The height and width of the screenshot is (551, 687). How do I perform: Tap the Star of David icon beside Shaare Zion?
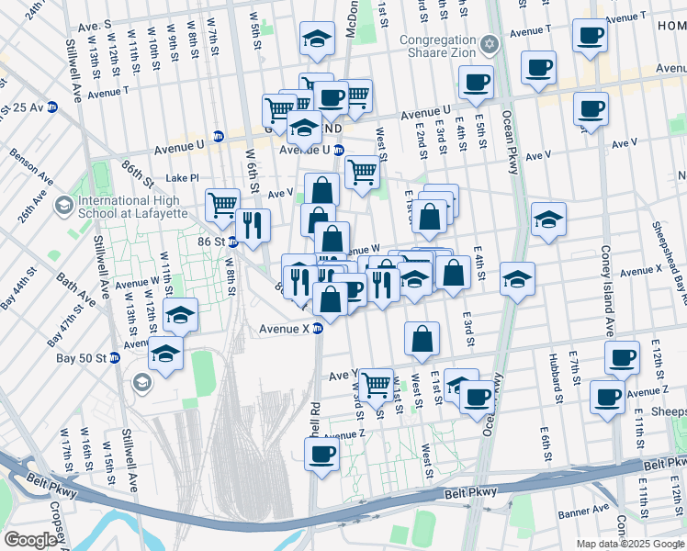click(x=490, y=44)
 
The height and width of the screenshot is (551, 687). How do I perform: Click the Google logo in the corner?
click(x=30, y=540)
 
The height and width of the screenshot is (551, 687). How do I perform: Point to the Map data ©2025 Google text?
click(x=629, y=544)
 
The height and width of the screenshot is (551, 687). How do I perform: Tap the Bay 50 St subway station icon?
click(x=115, y=357)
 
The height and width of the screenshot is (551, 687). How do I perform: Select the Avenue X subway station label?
click(x=285, y=328)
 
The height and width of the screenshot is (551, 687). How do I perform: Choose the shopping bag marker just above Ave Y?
click(x=422, y=339)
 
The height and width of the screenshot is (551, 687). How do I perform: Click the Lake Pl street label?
click(x=182, y=178)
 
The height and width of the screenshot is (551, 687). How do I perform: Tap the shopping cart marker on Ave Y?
click(x=375, y=385)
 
